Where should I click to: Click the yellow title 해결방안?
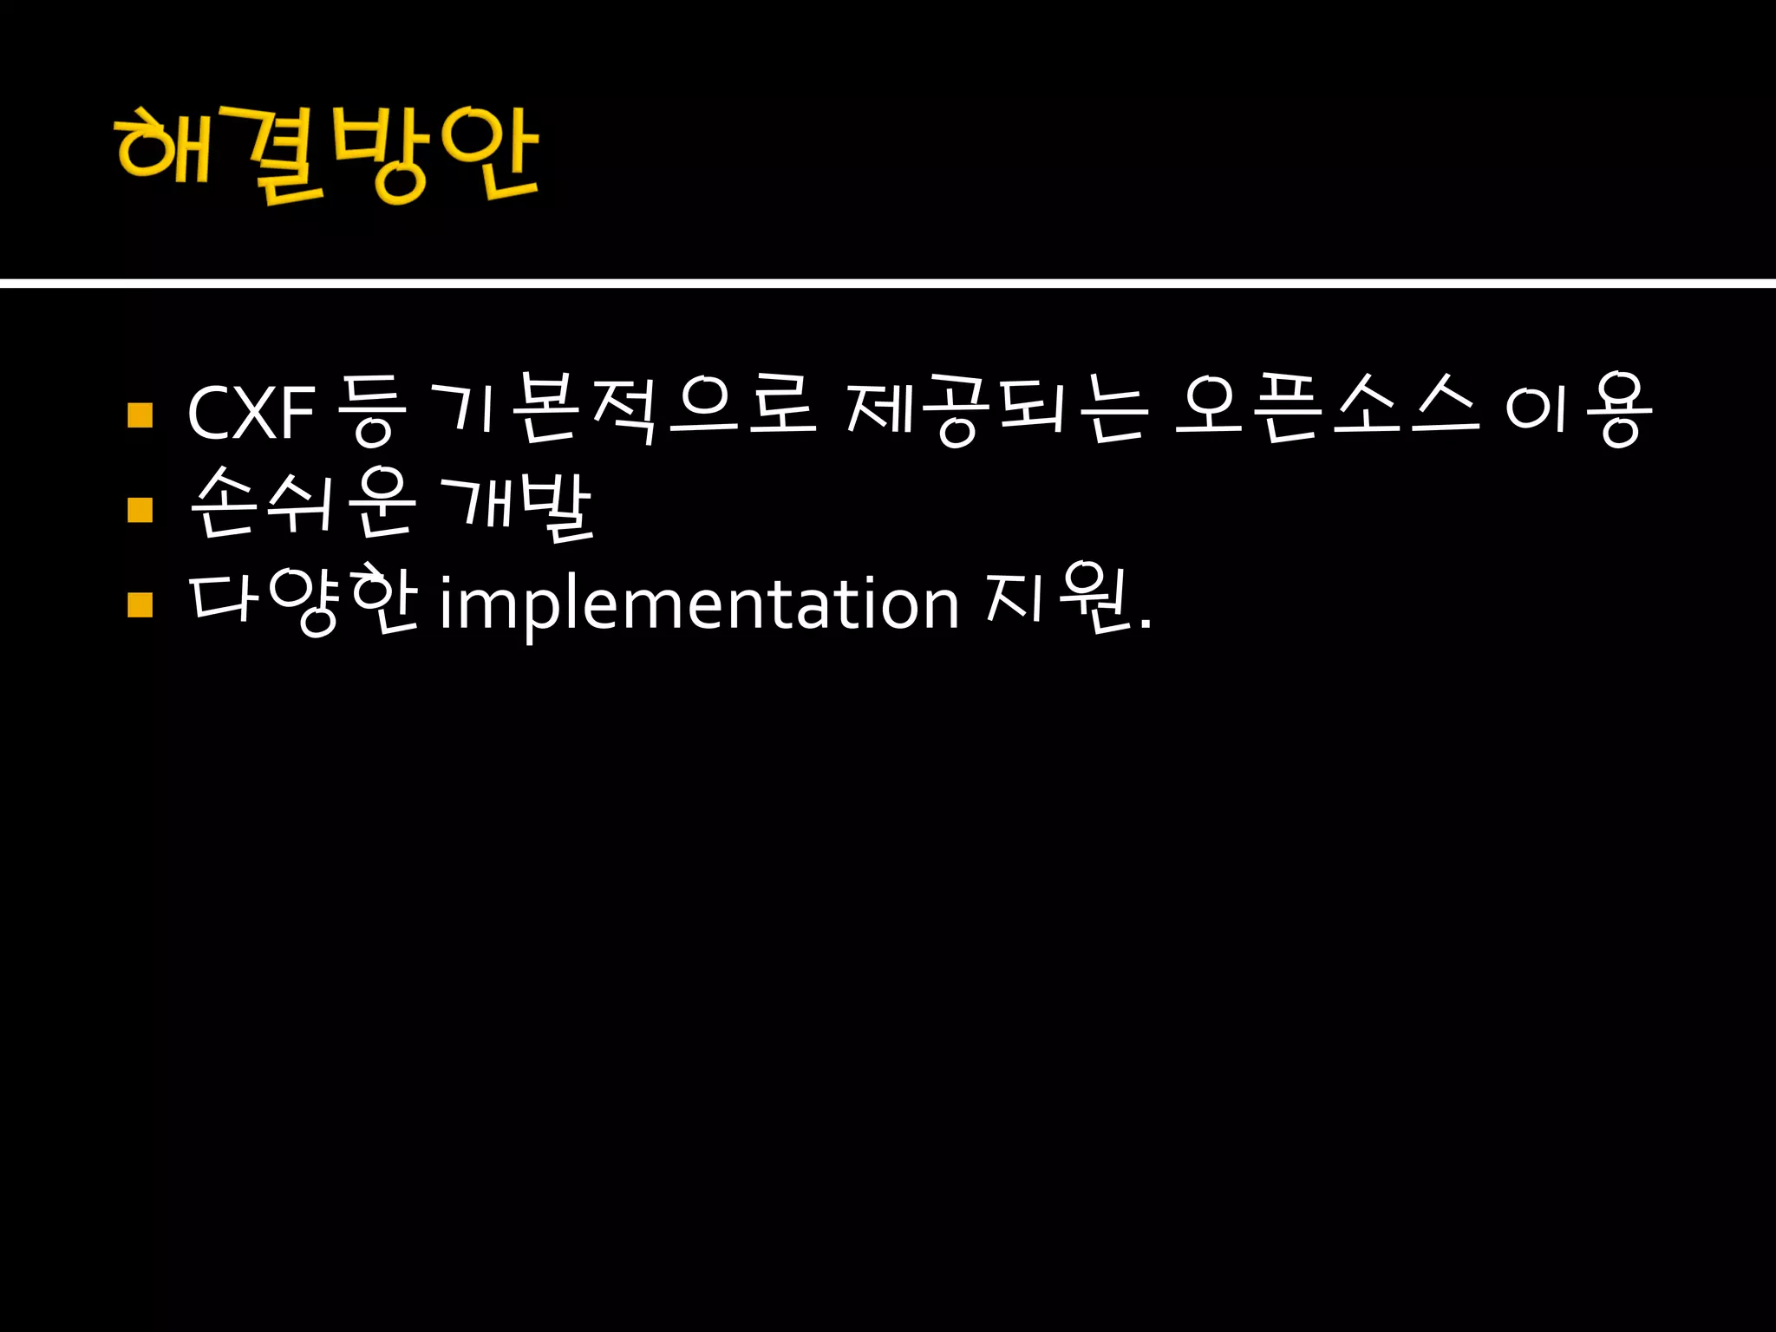[327, 154]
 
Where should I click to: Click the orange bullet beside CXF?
[140, 415]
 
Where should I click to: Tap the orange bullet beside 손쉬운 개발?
[140, 509]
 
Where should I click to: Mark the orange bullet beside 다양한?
[140, 604]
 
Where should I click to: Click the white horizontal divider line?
[888, 283]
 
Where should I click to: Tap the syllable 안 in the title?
[490, 154]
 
